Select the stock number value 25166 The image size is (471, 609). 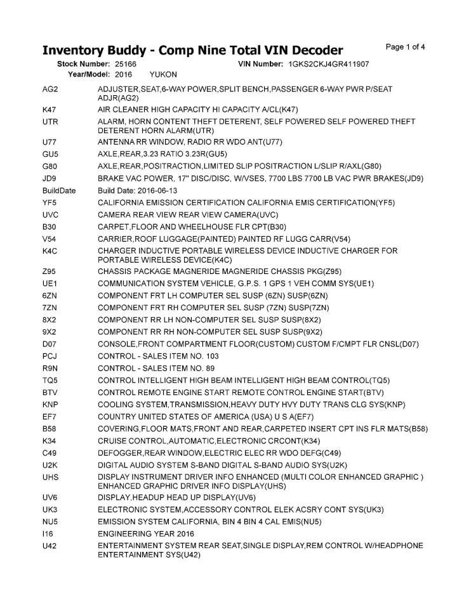126,64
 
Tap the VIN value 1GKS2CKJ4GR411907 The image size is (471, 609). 329,64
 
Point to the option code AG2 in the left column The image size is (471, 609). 50,89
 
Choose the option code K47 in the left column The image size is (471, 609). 50,109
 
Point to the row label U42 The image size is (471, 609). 50,546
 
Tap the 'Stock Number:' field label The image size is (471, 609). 84,64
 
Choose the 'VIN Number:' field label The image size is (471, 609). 260,64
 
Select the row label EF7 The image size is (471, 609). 50,417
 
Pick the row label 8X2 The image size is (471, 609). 50,320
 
